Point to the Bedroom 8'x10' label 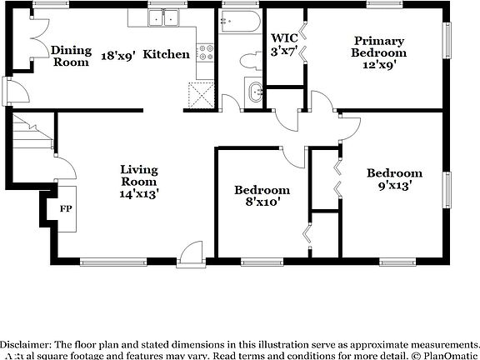(x=262, y=197)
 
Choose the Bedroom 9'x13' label (x=394, y=180)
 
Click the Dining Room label (x=71, y=56)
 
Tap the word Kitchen (x=167, y=55)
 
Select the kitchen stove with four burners (x=206, y=53)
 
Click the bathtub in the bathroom (x=242, y=22)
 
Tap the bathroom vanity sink (x=252, y=91)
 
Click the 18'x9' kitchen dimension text (x=118, y=55)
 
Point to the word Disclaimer (x=27, y=344)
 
